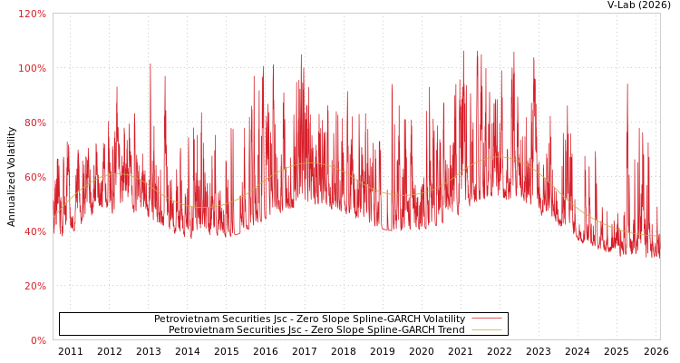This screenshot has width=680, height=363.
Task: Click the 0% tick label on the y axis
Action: pyautogui.click(x=38, y=340)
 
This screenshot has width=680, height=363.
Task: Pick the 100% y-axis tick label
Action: pyautogui.click(x=33, y=68)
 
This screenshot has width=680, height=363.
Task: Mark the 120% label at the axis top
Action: pyautogui.click(x=33, y=14)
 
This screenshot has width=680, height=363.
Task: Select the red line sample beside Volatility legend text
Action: pyautogui.click(x=486, y=319)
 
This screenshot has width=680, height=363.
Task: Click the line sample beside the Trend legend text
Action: pyautogui.click(x=486, y=330)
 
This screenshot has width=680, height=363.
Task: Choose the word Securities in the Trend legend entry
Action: pyautogui.click(x=260, y=330)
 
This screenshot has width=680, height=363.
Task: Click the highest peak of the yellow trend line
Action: pyautogui.click(x=500, y=157)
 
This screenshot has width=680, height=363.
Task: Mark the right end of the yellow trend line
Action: pyautogui.click(x=658, y=236)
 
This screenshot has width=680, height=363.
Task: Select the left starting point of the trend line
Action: pyautogui.click(x=54, y=216)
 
